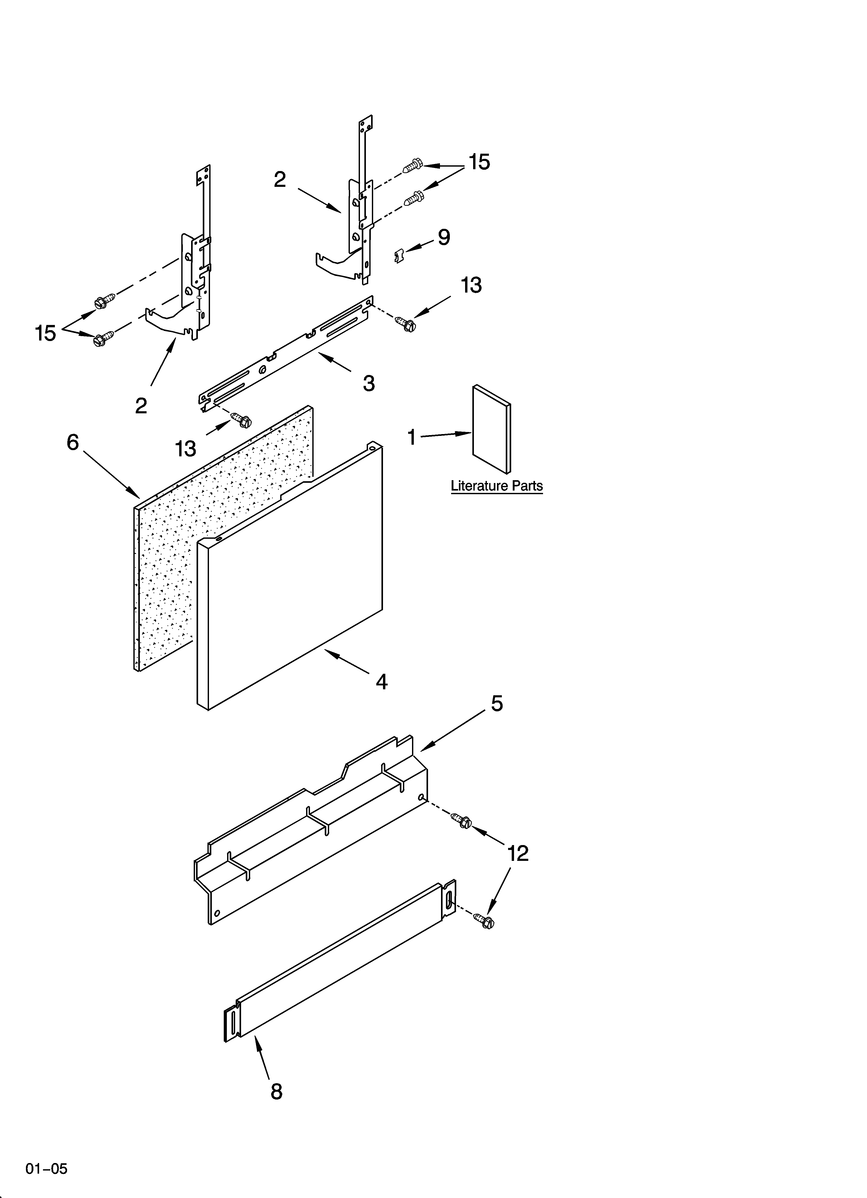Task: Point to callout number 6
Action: pos(73,442)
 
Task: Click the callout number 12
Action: pos(517,853)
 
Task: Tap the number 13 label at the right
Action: pos(471,285)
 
